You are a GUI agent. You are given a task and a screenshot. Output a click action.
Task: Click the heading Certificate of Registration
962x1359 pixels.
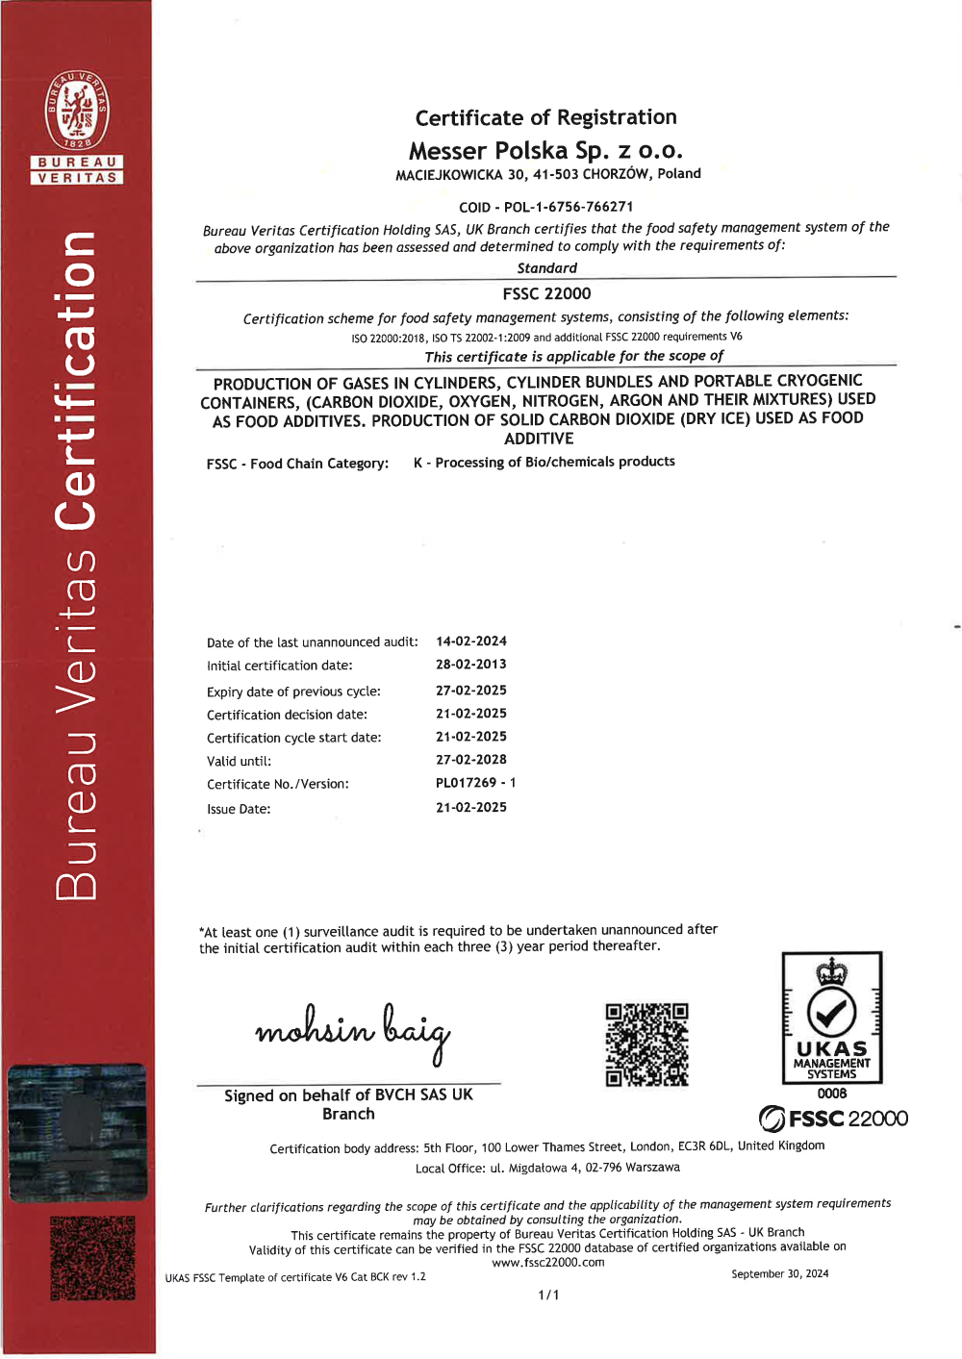pyautogui.click(x=545, y=117)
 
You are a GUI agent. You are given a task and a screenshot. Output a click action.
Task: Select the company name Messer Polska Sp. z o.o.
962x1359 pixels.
pyautogui.click(x=545, y=151)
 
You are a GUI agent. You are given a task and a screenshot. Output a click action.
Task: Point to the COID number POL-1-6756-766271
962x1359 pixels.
pyautogui.click(x=568, y=207)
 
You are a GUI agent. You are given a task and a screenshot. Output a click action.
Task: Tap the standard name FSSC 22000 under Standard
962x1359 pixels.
pyautogui.click(x=546, y=294)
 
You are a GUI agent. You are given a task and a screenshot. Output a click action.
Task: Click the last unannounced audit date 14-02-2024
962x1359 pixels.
pyautogui.click(x=471, y=642)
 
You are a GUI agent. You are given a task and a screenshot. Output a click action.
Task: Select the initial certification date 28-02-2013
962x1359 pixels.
pyautogui.click(x=471, y=665)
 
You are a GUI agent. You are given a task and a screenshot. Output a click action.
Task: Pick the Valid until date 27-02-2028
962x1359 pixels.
pyautogui.click(x=471, y=760)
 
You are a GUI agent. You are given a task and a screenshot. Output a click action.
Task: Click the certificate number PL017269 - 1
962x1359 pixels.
pyautogui.click(x=475, y=783)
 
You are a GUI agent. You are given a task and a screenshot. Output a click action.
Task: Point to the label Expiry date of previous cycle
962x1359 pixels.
pyautogui.click(x=293, y=692)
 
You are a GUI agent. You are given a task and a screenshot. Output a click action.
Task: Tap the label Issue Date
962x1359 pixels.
pyautogui.click(x=239, y=809)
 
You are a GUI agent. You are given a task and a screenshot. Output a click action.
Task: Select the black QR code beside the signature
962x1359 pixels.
pyautogui.click(x=646, y=1044)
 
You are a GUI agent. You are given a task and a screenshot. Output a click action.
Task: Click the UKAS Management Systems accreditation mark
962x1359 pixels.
pyautogui.click(x=832, y=1020)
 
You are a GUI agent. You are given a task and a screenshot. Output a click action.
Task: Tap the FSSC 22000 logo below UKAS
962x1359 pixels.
pyautogui.click(x=833, y=1119)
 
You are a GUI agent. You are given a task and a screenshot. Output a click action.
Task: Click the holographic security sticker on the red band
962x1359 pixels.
pyautogui.click(x=77, y=1132)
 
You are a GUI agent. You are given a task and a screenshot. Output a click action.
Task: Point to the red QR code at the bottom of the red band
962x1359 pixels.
pyautogui.click(x=92, y=1258)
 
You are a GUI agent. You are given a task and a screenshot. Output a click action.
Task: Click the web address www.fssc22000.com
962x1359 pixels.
pyautogui.click(x=548, y=1263)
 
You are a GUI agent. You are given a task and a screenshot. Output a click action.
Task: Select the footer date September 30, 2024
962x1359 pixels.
pyautogui.click(x=779, y=1274)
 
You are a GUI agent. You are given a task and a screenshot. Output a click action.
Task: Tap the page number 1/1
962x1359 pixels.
pyautogui.click(x=548, y=1296)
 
